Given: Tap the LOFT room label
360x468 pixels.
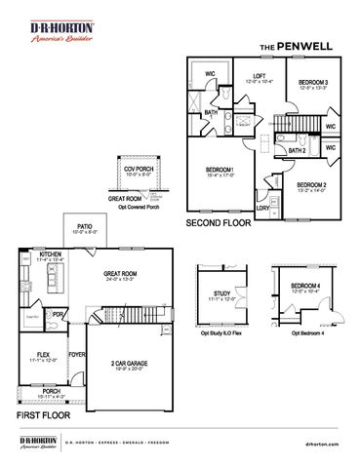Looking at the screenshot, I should [x=259, y=76].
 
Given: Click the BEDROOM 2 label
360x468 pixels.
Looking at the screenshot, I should [x=311, y=184].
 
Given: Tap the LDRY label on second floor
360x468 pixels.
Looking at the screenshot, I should [x=262, y=208].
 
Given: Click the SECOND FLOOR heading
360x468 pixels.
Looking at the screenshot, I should [x=219, y=223].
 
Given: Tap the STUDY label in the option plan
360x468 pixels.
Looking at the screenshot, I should [x=225, y=292].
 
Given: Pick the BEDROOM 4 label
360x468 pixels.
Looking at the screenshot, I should [x=305, y=287].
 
